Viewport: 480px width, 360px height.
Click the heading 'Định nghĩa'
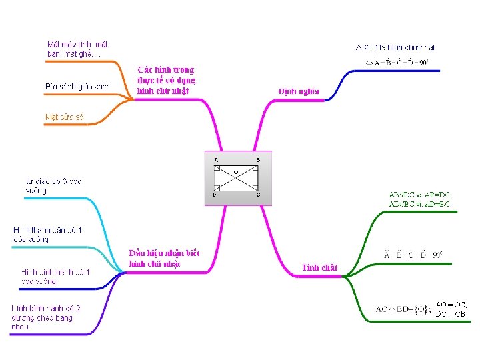click(298, 91)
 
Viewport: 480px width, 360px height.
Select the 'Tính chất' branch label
click(320, 267)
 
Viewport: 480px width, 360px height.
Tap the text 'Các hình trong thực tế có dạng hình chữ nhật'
click(166, 80)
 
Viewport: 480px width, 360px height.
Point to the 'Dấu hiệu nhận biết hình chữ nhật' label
click(163, 258)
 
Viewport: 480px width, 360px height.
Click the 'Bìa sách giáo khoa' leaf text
click(77, 87)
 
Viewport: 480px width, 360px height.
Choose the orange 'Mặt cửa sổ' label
click(65, 117)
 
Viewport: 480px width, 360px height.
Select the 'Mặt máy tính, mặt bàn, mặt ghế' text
click(77, 49)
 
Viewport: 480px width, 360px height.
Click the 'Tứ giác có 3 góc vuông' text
click(53, 185)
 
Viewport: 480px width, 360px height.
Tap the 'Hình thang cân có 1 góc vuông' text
click(47, 235)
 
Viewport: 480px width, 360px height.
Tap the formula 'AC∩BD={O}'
click(403, 309)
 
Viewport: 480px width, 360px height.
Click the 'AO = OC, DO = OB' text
click(451, 309)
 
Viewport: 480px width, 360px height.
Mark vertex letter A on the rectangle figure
click(216, 161)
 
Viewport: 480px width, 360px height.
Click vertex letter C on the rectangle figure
click(259, 195)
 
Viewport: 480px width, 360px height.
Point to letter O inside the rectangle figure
click(235, 172)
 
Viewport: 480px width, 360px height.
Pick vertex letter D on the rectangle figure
click(214, 195)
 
